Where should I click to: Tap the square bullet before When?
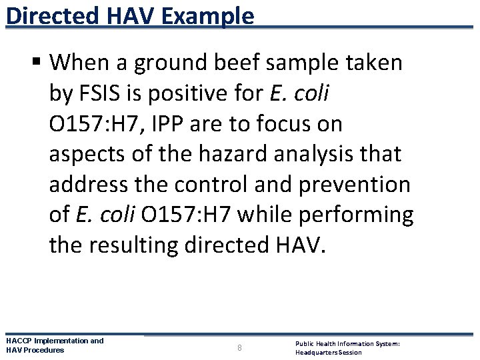[38, 63]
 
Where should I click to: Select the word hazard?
[213, 155]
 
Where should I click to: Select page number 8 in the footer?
[240, 347]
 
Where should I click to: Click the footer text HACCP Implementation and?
[55, 341]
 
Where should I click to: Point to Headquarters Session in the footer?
[328, 352]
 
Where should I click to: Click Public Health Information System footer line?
[347, 343]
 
